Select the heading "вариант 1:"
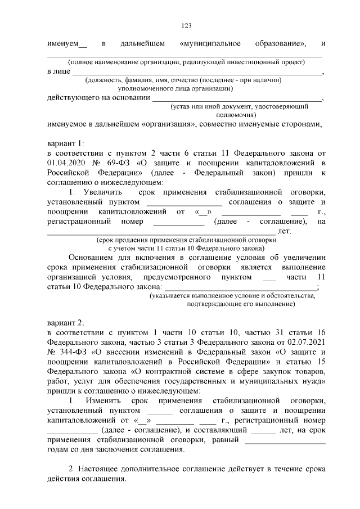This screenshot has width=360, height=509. [x=65, y=142]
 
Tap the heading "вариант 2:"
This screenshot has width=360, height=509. [x=65, y=322]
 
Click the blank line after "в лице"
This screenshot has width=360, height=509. [x=197, y=73]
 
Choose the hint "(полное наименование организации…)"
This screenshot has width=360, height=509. [x=186, y=62]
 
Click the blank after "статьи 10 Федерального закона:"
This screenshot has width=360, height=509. [x=240, y=287]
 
